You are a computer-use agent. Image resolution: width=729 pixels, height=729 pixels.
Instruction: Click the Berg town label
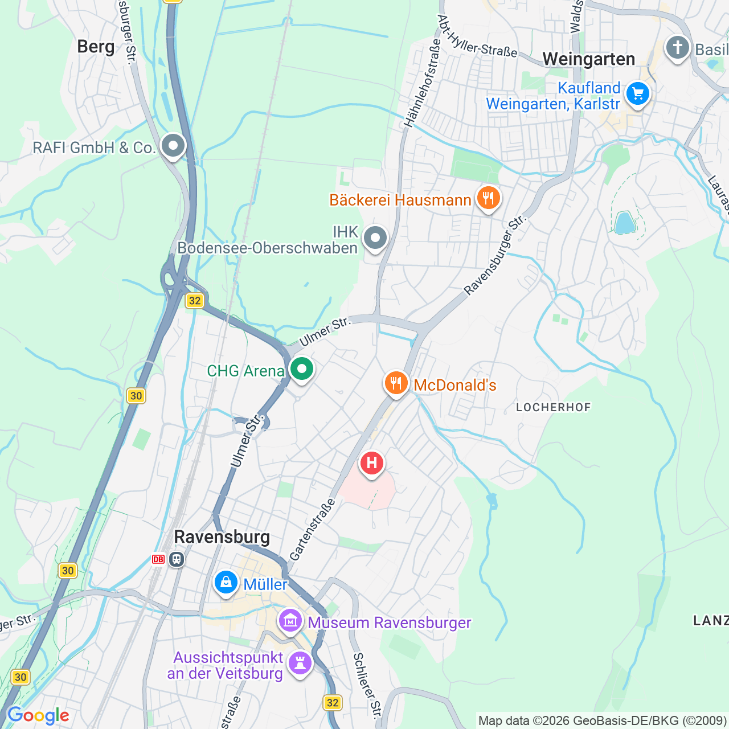pyautogui.click(x=96, y=47)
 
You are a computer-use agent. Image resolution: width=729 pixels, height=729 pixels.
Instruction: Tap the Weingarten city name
pyautogui.click(x=588, y=59)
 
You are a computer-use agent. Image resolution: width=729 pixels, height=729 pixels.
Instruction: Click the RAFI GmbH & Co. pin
pyautogui.click(x=173, y=146)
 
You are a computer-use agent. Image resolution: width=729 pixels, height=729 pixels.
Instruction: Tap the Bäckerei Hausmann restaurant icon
pyautogui.click(x=488, y=198)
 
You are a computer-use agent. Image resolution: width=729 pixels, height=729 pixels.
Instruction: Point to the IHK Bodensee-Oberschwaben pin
pyautogui.click(x=375, y=238)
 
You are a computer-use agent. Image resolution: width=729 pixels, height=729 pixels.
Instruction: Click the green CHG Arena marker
pyautogui.click(x=302, y=369)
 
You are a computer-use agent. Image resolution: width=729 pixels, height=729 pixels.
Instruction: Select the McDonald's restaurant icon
pyautogui.click(x=396, y=383)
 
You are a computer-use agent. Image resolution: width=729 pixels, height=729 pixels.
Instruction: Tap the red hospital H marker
pyautogui.click(x=371, y=463)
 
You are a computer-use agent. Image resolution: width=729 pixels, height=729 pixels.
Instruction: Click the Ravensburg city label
pyautogui.click(x=222, y=536)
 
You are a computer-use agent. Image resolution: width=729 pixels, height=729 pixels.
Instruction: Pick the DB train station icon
pyautogui.click(x=169, y=559)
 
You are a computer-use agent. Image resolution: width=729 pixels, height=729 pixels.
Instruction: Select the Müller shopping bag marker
pyautogui.click(x=226, y=583)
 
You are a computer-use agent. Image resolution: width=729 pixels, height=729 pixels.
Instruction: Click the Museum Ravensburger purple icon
pyautogui.click(x=290, y=621)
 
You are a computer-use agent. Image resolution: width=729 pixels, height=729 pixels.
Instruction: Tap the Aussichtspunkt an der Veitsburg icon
pyautogui.click(x=300, y=663)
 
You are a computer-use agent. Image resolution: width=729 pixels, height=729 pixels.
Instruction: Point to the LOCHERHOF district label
pyautogui.click(x=553, y=407)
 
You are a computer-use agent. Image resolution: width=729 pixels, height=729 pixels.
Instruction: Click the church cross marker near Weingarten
pyautogui.click(x=677, y=48)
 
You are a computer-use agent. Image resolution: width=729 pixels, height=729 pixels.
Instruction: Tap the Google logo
pyautogui.click(x=38, y=715)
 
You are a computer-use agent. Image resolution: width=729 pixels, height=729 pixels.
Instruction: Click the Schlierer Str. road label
pyautogui.click(x=367, y=685)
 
